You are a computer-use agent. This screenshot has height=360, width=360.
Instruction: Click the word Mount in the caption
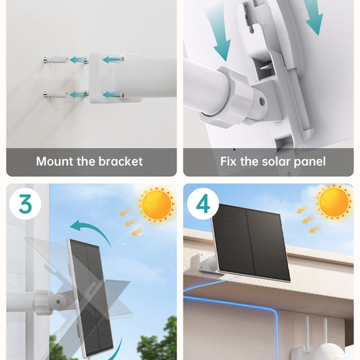point(55,161)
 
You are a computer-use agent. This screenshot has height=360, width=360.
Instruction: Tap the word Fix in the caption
point(228,161)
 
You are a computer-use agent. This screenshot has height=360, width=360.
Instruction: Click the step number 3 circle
point(26,204)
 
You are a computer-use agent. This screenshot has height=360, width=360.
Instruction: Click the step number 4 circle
point(203,204)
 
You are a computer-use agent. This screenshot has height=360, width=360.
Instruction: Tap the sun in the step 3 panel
point(157,204)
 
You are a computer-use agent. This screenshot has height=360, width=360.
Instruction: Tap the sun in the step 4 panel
point(334,202)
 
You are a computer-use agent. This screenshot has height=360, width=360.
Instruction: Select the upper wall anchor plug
point(56,60)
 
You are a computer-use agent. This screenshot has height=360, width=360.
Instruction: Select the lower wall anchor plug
point(56,95)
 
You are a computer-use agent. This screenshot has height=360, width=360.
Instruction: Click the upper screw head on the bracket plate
point(122,59)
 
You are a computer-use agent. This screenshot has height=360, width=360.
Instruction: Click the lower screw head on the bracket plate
point(122,96)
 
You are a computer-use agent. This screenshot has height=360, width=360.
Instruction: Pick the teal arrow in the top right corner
point(315,16)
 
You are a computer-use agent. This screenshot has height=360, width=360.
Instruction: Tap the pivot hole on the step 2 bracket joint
point(262,101)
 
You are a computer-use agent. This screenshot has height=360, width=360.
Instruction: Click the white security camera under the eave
point(317,344)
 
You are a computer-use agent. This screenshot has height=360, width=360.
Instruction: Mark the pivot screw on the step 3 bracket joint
point(58,302)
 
